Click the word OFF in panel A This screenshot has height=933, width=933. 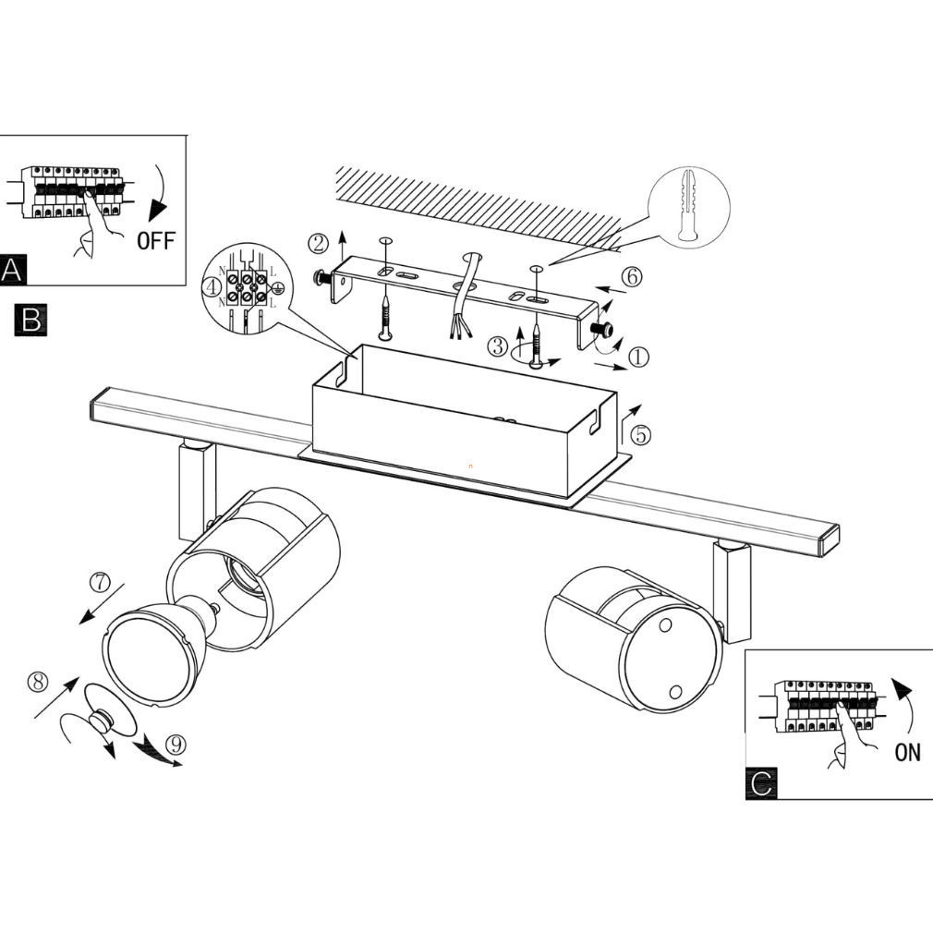[156, 240]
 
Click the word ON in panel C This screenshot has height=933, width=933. [907, 752]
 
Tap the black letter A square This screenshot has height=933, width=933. [13, 270]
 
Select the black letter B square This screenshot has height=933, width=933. [30, 320]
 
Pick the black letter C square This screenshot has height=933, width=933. [761, 783]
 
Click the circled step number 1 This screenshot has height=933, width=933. [638, 357]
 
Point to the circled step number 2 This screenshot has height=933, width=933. [319, 243]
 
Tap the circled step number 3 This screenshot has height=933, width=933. [497, 345]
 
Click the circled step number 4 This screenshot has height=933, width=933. [212, 287]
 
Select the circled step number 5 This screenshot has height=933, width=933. [640, 434]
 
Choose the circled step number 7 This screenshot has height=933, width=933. [100, 581]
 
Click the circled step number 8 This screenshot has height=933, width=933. [39, 682]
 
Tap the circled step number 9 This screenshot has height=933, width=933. [176, 745]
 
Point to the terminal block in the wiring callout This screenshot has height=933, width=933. [246, 285]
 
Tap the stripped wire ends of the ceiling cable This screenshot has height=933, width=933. [461, 329]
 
